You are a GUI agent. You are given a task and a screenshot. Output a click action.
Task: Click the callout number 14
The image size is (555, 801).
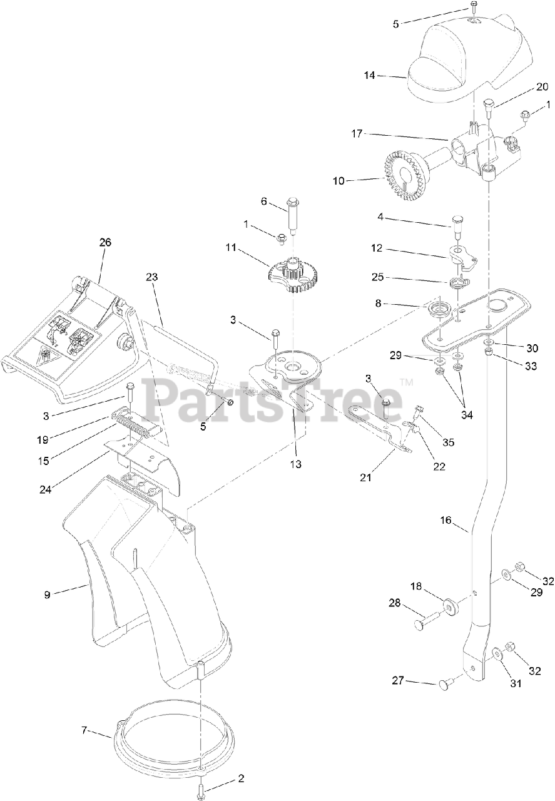point(370,75)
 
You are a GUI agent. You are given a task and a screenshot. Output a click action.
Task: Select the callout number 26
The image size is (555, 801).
point(104,242)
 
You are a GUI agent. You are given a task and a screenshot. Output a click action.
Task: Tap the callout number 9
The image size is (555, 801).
point(47,594)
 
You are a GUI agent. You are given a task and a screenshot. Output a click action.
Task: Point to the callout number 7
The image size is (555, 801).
point(84,730)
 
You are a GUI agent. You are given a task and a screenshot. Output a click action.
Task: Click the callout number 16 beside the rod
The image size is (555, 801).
point(445,521)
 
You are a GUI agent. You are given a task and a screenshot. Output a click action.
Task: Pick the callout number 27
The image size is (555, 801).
point(397,680)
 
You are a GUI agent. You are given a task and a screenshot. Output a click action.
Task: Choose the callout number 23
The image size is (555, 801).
point(153,277)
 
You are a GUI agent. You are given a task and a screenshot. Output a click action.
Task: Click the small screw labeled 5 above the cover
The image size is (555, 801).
point(474,9)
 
